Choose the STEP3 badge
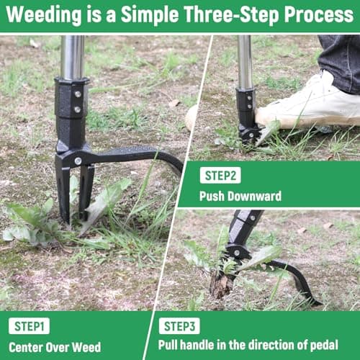click(x=179, y=325)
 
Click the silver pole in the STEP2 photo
click(x=245, y=61)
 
